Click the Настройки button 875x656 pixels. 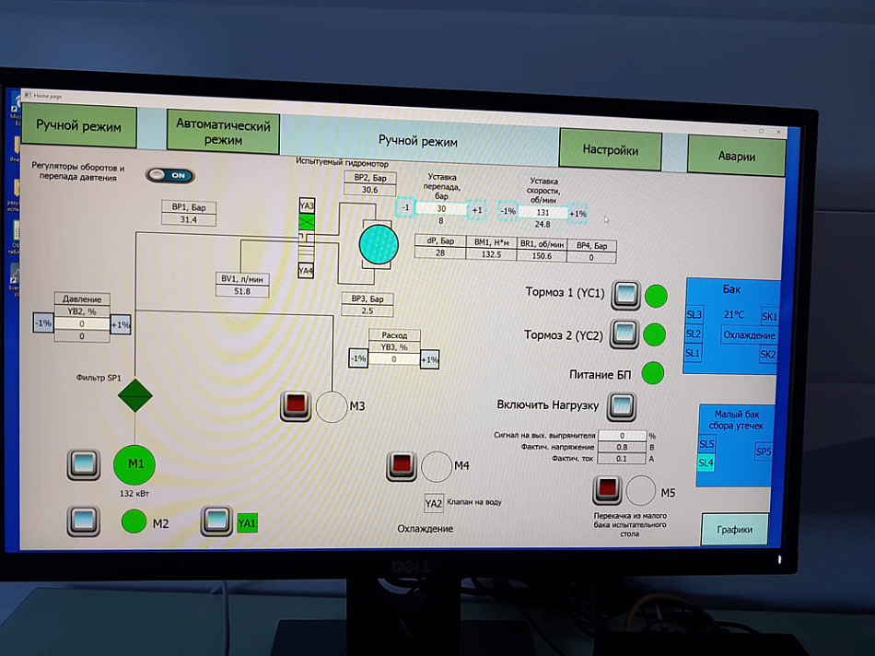coord(610,149)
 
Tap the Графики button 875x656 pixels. coord(734,530)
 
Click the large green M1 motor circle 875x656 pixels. coord(135,464)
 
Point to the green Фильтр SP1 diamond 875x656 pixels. coord(134,396)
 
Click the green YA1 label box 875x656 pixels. coord(247,523)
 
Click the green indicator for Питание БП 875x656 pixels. coord(652,373)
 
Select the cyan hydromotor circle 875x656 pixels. coord(378,244)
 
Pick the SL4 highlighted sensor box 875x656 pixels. coord(706,463)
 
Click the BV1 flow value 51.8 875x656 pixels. coord(242,291)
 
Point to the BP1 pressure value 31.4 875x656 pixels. coord(189,220)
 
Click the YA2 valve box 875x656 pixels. coord(434,503)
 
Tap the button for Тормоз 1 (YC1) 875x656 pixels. coord(626,294)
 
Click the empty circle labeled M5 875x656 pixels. coord(641,490)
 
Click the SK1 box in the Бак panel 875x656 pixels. coord(769,316)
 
